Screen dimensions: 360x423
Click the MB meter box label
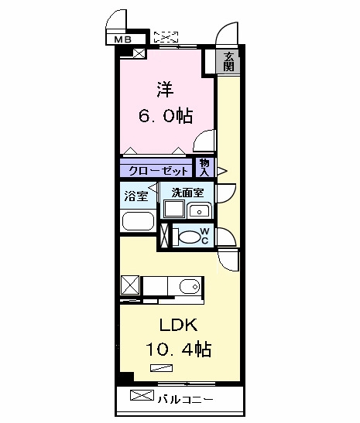pos(123,39)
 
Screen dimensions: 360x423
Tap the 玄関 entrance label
pos(228,62)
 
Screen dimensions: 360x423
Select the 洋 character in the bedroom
pos(165,89)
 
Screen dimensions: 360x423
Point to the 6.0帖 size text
pos(166,116)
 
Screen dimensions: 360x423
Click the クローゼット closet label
pos(158,171)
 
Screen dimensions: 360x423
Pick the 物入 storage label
pos(204,168)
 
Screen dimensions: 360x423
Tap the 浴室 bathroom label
pos(136,196)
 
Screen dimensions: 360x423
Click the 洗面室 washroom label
pos(187,193)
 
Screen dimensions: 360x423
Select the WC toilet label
pos(204,236)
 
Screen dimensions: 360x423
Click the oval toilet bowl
pos(190,237)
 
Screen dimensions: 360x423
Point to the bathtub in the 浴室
pos(138,221)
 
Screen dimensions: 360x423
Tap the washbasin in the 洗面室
pos(199,210)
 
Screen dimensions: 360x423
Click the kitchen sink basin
pos(190,286)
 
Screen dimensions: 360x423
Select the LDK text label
pos(179,325)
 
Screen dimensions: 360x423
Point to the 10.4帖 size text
pos(179,349)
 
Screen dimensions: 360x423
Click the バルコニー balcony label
pos(186,399)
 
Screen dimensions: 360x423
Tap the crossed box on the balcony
pos(142,395)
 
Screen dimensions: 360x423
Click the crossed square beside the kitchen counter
pos(130,285)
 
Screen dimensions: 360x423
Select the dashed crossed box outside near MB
pos(166,37)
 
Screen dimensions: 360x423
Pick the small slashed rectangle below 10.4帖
pos(162,368)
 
